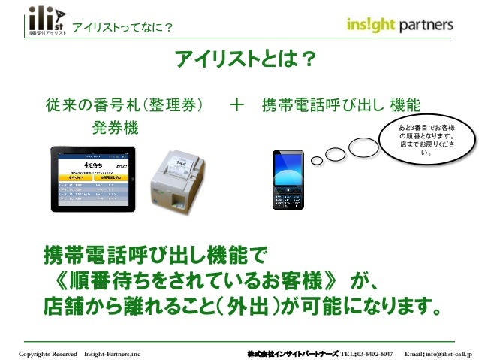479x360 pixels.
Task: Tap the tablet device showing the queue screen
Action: click(92, 179)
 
